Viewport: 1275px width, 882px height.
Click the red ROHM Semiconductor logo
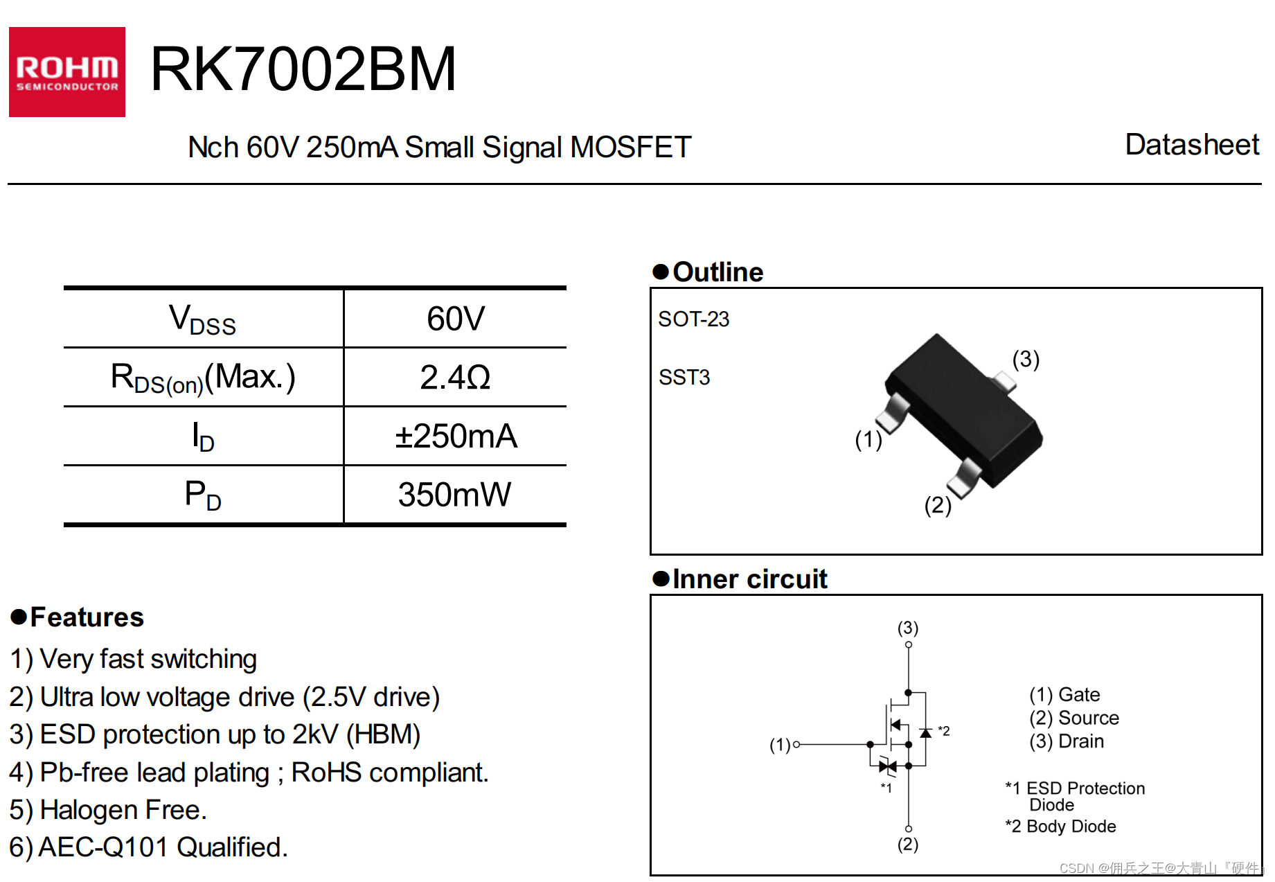[x=67, y=72]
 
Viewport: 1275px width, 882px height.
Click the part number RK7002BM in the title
[x=303, y=69]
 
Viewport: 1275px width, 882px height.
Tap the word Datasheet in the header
[x=1191, y=145]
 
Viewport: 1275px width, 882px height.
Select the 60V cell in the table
[x=455, y=319]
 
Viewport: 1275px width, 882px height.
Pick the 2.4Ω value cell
[x=455, y=378]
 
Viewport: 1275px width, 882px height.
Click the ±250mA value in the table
[x=455, y=436]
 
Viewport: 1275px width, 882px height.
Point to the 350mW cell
[x=454, y=495]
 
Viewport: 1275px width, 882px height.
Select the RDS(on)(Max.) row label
[x=202, y=378]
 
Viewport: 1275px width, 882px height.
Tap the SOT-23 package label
[x=693, y=319]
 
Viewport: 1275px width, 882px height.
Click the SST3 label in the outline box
[x=684, y=378]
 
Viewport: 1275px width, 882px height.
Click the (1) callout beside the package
[x=868, y=439]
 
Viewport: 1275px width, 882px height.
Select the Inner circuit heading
[x=749, y=579]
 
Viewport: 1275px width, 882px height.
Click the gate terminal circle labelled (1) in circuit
[x=796, y=745]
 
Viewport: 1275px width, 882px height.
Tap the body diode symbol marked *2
[x=925, y=732]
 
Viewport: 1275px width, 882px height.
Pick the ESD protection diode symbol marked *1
[x=887, y=766]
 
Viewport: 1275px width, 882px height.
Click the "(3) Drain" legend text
[x=1066, y=741]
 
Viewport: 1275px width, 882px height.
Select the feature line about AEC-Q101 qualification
[x=149, y=847]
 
